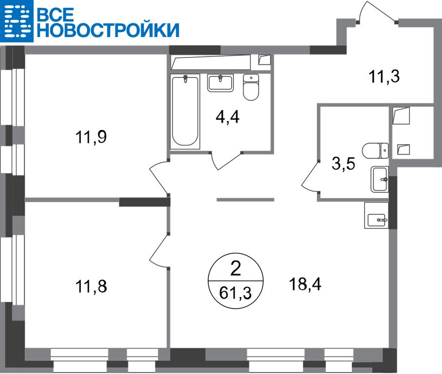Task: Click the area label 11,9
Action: coord(91,137)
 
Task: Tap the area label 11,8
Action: coord(92,286)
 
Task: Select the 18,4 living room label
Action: coord(305,284)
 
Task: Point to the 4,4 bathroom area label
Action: coord(227,117)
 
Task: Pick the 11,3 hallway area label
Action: coord(384,76)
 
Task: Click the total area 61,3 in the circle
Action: coord(236,293)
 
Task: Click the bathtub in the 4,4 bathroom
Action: coord(185,112)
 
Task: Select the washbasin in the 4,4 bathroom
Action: coord(221,83)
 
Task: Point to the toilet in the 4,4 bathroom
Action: coord(251,87)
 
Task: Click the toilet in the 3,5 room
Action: coord(375,151)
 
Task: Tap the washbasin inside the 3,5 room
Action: coord(379,179)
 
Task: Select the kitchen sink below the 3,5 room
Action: coord(376,215)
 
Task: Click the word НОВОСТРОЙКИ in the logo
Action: coord(108,30)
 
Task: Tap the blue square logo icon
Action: coord(17,21)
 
